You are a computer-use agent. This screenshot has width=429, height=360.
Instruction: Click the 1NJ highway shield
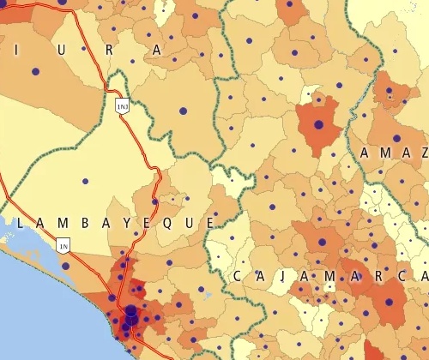pyautogui.click(x=121, y=105)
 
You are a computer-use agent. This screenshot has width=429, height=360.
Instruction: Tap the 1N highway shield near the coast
pyautogui.click(x=63, y=246)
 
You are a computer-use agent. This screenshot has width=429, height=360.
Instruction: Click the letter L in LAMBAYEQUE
pyautogui.click(x=17, y=222)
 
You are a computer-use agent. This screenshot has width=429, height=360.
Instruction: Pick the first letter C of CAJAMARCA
pyautogui.click(x=238, y=276)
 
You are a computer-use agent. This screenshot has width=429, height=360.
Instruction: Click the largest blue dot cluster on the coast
pyautogui.click(x=131, y=315)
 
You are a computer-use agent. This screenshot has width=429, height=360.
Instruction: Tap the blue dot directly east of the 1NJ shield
pyautogui.click(x=182, y=111)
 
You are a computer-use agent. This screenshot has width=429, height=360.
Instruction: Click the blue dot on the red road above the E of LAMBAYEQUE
pyautogui.click(x=154, y=202)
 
